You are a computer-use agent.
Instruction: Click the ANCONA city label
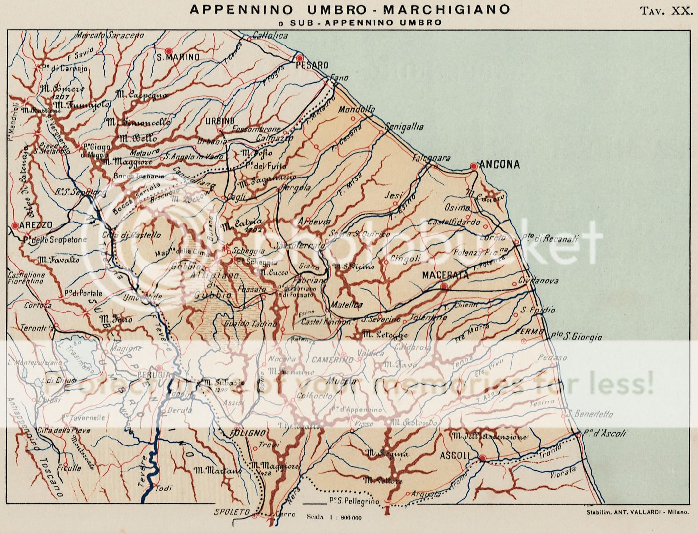coord(500,165)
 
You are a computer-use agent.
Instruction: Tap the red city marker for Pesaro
coord(299,57)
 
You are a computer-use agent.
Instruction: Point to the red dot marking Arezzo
coord(15,225)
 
